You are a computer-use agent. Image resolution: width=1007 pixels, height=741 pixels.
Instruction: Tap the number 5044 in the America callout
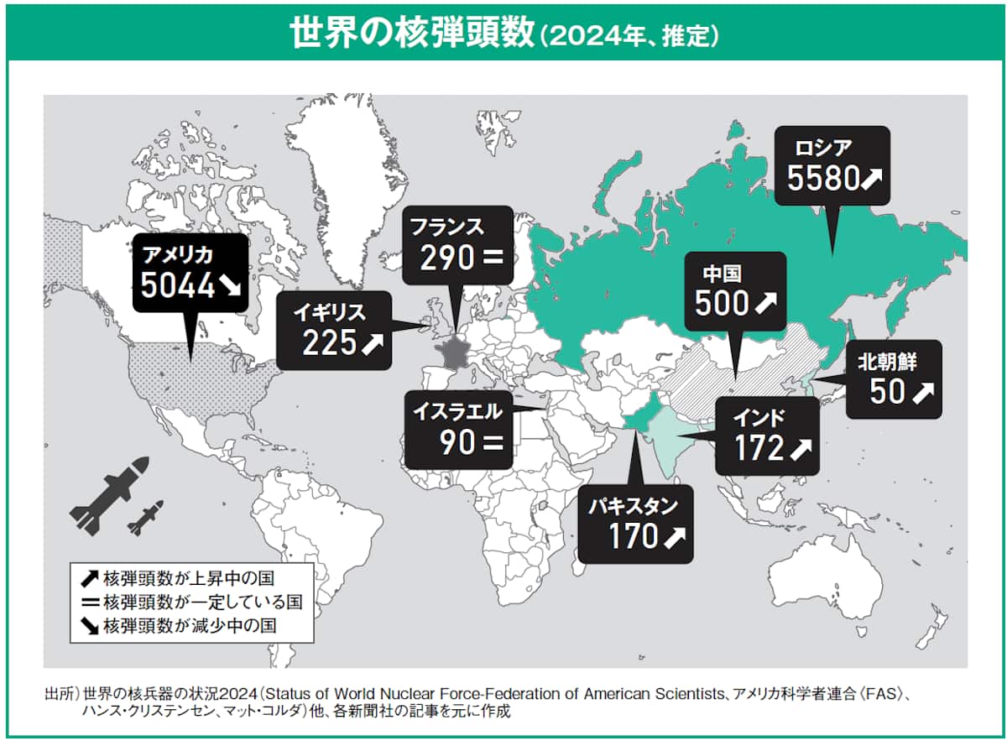pyautogui.click(x=178, y=285)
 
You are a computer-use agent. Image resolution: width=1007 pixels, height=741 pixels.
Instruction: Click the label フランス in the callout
pyautogui.click(x=446, y=227)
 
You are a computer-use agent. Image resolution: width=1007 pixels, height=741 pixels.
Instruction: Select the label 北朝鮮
pyautogui.click(x=888, y=363)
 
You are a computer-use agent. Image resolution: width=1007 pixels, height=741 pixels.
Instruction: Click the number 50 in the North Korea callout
pyautogui.click(x=888, y=392)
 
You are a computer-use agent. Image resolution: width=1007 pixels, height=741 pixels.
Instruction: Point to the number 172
pyautogui.click(x=759, y=449)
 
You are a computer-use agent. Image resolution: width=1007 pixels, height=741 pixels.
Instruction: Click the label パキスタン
pyautogui.click(x=632, y=505)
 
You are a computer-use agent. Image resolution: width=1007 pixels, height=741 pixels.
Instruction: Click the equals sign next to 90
pyautogui.click(x=492, y=442)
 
